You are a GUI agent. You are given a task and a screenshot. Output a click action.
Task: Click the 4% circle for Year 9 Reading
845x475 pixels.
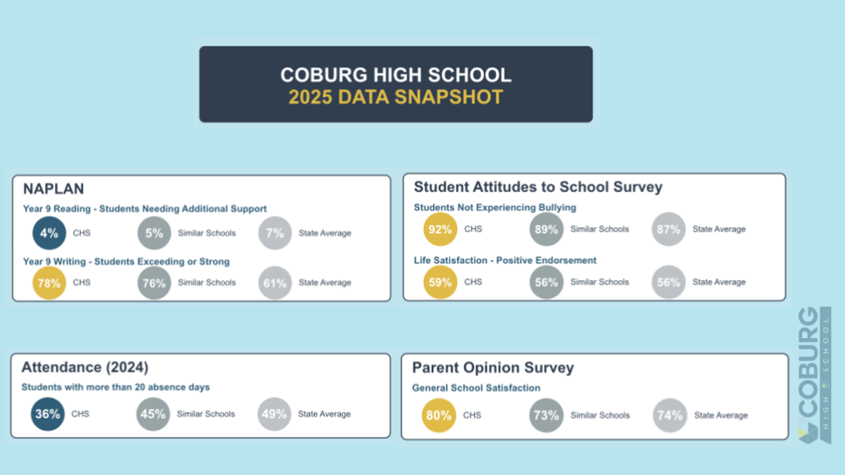[x=49, y=234]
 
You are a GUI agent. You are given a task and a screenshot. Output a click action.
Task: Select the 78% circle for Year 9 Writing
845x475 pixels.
[x=49, y=283]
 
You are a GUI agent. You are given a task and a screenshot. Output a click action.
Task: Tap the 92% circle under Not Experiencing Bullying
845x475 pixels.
[x=440, y=229]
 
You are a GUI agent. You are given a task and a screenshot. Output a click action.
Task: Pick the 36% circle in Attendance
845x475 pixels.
[x=48, y=414]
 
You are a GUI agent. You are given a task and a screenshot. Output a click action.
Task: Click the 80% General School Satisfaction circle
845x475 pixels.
[x=439, y=415]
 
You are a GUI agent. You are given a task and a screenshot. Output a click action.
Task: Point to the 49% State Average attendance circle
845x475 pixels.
[x=274, y=414]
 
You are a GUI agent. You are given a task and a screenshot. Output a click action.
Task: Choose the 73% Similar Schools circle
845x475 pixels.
[x=546, y=415]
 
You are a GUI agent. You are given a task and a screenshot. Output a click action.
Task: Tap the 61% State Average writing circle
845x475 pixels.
[x=275, y=283]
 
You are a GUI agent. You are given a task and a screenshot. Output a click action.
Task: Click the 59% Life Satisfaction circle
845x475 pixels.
[x=440, y=282]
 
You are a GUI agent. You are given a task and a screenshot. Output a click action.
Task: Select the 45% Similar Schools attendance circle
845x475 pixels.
[x=153, y=414]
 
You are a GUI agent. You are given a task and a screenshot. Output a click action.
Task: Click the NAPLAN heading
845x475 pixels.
[x=54, y=189]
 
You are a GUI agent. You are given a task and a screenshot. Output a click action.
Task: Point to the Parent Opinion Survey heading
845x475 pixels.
[x=493, y=367]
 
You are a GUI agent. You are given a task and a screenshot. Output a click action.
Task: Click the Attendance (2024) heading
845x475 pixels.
[x=85, y=367]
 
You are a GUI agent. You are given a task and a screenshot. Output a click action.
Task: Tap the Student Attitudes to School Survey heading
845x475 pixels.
[x=538, y=186]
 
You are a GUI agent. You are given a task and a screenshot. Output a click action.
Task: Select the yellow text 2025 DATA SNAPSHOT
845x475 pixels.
[x=396, y=97]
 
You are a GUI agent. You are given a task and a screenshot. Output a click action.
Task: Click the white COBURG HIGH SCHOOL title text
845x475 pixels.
[x=396, y=75]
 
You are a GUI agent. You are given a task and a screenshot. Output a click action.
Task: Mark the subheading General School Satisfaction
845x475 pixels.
[x=476, y=388]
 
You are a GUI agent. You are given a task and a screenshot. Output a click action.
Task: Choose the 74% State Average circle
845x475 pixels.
[x=669, y=415]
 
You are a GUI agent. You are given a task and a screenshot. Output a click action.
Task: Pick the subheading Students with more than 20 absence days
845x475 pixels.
[x=115, y=387]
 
